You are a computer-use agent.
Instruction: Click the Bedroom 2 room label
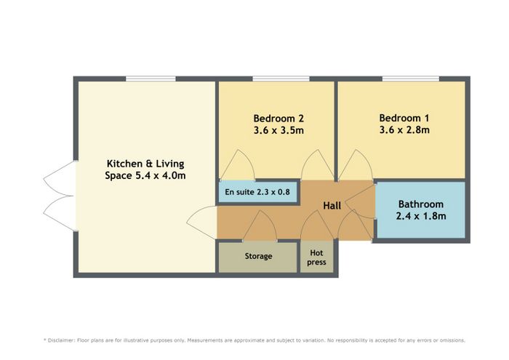coord(278,119)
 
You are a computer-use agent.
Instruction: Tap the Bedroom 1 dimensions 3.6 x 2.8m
coord(404,130)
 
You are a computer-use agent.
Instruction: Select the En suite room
coord(257,192)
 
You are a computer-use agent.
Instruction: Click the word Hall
coord(332,206)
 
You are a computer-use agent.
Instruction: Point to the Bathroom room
coord(421,210)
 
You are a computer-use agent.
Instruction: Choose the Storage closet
coord(258,257)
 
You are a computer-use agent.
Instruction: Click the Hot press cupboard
coord(316,257)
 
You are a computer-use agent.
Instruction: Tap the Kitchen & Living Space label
coord(145,169)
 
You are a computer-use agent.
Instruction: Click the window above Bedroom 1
coord(411,79)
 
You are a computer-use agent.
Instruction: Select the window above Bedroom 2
coord(281,79)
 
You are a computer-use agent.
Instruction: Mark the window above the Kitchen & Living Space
coord(151,79)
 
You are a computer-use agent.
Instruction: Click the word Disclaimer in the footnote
coord(61,340)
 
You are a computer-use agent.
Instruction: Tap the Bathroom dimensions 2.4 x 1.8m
coord(421,216)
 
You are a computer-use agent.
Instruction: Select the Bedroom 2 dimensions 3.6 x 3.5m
coord(278,131)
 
